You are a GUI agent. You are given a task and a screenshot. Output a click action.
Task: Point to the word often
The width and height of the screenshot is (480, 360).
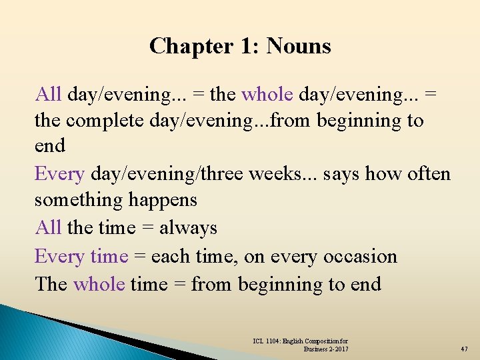click(427, 174)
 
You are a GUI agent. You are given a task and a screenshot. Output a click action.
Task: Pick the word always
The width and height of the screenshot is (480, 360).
click(189, 228)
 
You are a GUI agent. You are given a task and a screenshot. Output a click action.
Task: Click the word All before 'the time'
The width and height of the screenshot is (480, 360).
click(48, 228)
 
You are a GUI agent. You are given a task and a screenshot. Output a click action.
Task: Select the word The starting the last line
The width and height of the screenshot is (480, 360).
click(51, 285)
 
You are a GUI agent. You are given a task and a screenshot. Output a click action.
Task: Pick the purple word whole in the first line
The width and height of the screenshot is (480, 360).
click(267, 95)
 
